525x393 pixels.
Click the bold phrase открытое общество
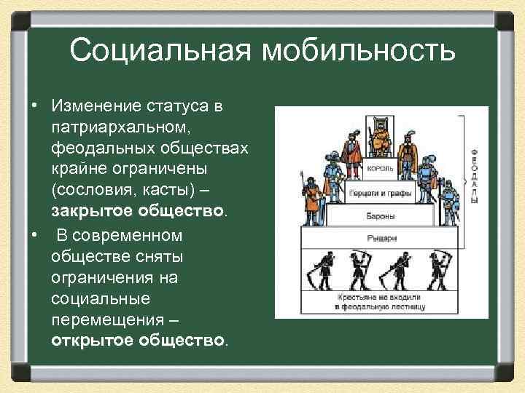click(x=139, y=341)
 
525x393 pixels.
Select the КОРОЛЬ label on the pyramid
click(x=381, y=168)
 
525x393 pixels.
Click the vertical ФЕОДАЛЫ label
click(x=475, y=174)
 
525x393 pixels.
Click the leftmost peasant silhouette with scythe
click(x=321, y=273)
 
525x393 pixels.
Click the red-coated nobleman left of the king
click(x=353, y=149)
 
